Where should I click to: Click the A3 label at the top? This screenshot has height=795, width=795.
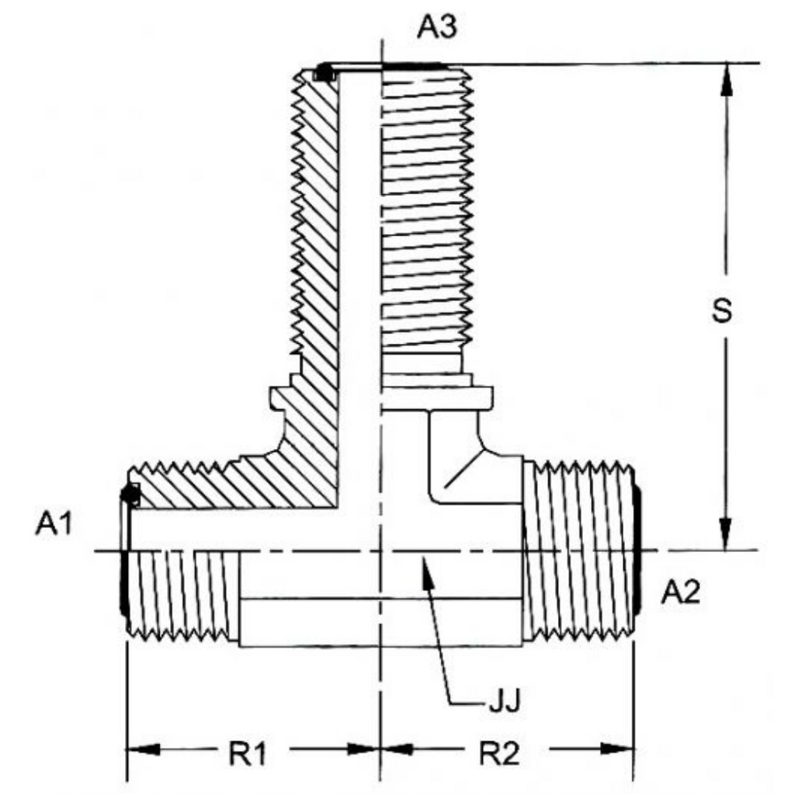pyautogui.click(x=436, y=27)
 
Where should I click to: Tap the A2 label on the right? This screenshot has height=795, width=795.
pyautogui.click(x=680, y=592)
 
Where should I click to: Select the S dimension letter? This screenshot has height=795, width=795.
pyautogui.click(x=722, y=311)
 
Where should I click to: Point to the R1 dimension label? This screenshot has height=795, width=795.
pyautogui.click(x=248, y=753)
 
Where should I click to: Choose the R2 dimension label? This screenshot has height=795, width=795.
pyautogui.click(x=499, y=753)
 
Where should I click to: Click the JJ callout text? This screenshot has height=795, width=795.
pyautogui.click(x=505, y=701)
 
